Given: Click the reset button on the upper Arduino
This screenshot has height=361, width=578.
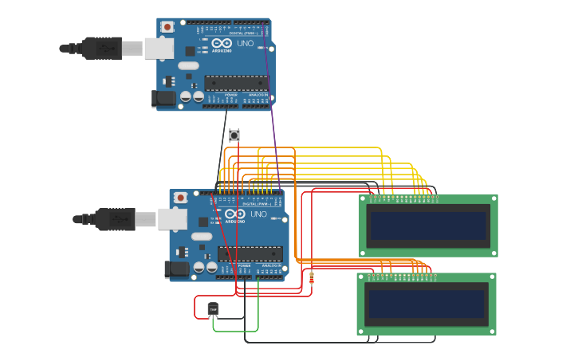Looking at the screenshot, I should [167, 27].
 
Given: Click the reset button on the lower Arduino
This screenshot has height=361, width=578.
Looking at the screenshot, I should [181, 198].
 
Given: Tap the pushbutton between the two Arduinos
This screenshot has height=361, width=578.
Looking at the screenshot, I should [234, 135].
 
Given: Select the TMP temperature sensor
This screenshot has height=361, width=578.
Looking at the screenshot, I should [213, 309].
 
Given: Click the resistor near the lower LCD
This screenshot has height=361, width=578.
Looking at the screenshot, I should [311, 278].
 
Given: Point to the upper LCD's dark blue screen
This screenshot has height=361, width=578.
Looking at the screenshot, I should [428, 226].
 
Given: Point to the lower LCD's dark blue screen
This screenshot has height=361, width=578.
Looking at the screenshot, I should [426, 304].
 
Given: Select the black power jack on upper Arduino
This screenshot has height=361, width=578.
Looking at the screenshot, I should [163, 98].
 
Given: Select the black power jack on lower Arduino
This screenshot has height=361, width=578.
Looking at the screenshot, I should [176, 269].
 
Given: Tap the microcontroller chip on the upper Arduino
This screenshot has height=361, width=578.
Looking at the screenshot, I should [236, 83].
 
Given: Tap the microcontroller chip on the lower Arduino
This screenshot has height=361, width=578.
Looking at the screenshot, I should [250, 254].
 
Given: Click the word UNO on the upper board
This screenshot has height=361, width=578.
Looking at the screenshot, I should [246, 43].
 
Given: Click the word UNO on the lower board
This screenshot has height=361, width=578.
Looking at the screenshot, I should [259, 214].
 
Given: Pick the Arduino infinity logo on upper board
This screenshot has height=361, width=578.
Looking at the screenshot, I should [221, 43].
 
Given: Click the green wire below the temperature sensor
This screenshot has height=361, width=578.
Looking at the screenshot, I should [236, 331].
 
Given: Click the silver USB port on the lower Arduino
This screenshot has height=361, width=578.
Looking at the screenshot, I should [171, 219].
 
